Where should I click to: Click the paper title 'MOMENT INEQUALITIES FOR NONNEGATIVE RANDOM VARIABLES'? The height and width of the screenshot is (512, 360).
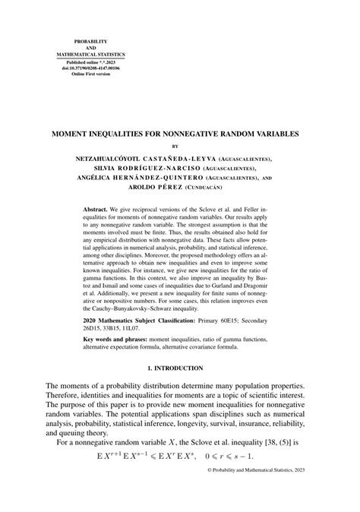[x=180, y=132]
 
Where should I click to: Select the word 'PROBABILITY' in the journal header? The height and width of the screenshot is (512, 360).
[x=90, y=40]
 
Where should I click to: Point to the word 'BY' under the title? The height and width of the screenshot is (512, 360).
[x=180, y=145]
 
